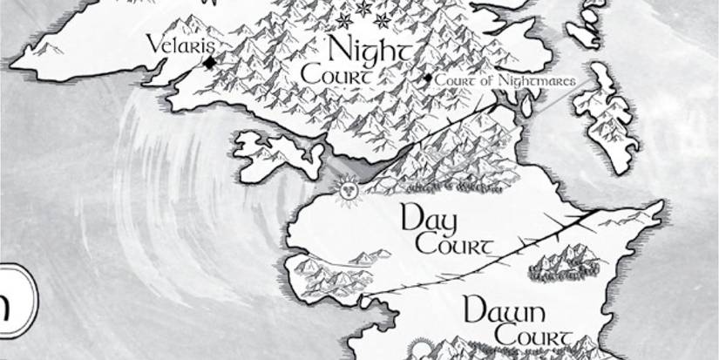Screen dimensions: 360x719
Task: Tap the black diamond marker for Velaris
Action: pos(209,63)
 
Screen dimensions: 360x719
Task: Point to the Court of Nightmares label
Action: pos(505,80)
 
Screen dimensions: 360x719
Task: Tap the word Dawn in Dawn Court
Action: pos(504,311)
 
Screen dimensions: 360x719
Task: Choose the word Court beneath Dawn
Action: pos(532,335)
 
